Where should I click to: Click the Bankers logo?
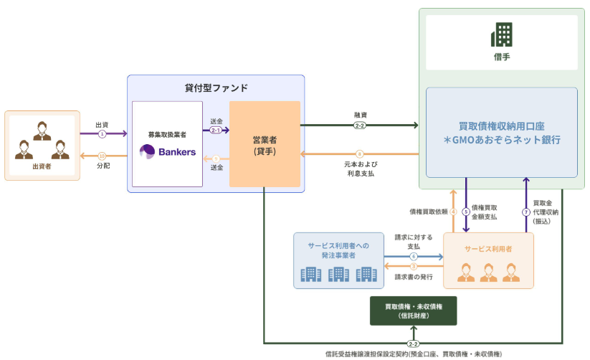click(x=168, y=152)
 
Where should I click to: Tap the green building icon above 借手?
click(x=502, y=34)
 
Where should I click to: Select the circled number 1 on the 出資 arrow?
click(x=102, y=133)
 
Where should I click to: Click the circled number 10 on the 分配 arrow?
click(x=102, y=156)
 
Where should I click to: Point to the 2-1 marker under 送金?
click(x=216, y=131)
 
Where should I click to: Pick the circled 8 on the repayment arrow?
click(x=359, y=153)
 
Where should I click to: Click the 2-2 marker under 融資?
click(x=360, y=125)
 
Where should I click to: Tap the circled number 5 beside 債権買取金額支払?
click(x=466, y=212)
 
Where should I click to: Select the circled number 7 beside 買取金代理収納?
click(x=526, y=212)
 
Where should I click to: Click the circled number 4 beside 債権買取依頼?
click(x=453, y=212)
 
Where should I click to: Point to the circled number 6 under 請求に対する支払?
click(x=414, y=257)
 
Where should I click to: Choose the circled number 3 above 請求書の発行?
click(x=414, y=266)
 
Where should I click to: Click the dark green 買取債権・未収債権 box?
click(x=413, y=311)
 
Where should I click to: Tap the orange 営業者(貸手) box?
click(x=265, y=144)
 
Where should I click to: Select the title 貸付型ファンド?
click(x=216, y=87)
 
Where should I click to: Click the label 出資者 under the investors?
click(x=42, y=166)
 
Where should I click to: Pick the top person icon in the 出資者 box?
click(x=42, y=131)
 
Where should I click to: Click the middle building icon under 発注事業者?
click(x=338, y=274)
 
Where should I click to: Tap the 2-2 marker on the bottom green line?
click(x=413, y=344)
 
